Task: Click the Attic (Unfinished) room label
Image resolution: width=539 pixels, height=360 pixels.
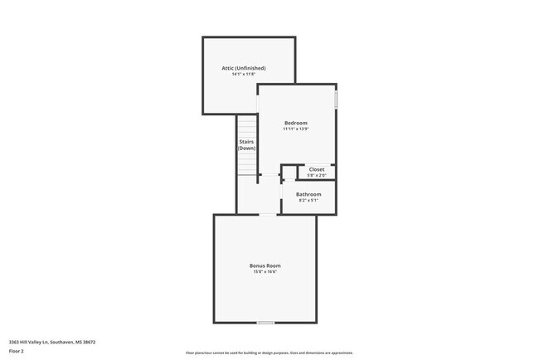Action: (x=249, y=68)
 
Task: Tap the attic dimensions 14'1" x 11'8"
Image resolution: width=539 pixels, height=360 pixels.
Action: (x=249, y=75)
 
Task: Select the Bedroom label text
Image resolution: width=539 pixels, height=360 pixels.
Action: (x=296, y=123)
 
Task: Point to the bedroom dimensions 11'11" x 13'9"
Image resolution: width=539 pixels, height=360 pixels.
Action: (x=296, y=129)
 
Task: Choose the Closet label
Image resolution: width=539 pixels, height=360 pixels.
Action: (x=317, y=169)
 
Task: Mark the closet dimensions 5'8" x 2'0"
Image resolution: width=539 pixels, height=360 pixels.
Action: (x=317, y=175)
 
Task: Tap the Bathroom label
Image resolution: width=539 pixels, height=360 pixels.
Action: (x=308, y=194)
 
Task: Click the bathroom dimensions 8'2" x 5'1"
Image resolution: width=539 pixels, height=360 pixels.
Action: (x=308, y=200)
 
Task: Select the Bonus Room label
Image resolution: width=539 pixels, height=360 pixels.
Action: (x=265, y=265)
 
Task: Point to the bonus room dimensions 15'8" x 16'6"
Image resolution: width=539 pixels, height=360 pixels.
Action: (x=265, y=271)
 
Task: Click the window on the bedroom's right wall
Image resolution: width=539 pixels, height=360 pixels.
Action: (x=337, y=100)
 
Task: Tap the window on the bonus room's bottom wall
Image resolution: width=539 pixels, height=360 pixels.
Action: (x=265, y=323)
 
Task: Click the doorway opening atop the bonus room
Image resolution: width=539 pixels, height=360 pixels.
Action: (x=268, y=215)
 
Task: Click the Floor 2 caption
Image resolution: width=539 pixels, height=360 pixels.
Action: (x=17, y=351)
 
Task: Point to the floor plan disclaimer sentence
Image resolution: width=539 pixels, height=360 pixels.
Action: (x=269, y=353)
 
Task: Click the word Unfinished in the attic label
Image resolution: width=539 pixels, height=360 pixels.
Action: (x=256, y=68)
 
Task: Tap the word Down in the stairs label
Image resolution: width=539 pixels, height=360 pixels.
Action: (x=247, y=148)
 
